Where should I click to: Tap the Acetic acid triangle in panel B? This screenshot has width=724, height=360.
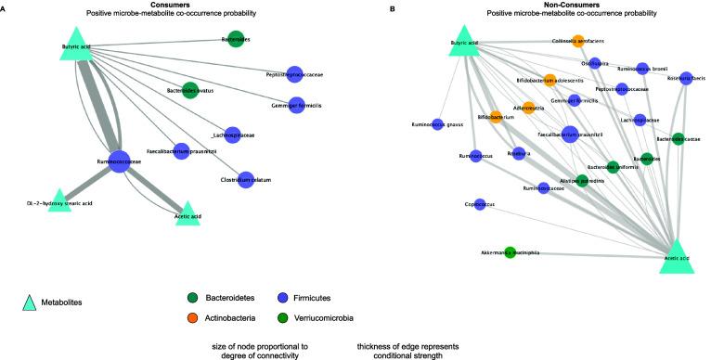coord(677,257)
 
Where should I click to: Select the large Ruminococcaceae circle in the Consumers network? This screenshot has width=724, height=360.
coord(118,161)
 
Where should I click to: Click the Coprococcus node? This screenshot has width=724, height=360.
coord(480,202)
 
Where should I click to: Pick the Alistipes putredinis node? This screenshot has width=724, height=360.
coord(580,181)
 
